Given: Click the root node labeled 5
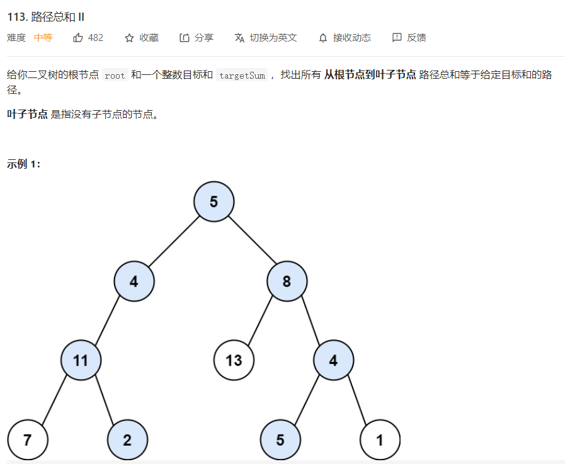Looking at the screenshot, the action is (x=214, y=201).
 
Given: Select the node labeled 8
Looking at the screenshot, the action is (x=287, y=281).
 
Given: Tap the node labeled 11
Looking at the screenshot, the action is (x=81, y=360).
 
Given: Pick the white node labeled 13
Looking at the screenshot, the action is (x=234, y=360).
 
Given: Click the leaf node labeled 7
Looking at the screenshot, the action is (x=28, y=439).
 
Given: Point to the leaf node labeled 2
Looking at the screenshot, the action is (x=127, y=439).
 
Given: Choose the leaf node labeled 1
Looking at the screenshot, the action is (x=380, y=439).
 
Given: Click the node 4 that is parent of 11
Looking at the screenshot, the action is (x=134, y=281).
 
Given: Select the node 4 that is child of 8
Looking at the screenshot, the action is (x=334, y=360).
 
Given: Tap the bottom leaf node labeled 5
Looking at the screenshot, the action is (x=280, y=439).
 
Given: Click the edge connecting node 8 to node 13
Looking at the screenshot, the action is (x=261, y=320).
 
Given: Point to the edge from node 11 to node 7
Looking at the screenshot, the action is (x=54, y=400).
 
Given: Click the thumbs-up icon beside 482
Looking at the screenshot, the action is (x=78, y=38).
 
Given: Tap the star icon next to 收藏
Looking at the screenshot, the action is (x=129, y=38).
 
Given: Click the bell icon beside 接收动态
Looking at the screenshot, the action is (x=323, y=38).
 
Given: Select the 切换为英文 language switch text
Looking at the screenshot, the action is (x=273, y=38).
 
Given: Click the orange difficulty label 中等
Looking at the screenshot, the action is (x=43, y=38).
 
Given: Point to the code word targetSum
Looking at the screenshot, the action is (x=242, y=75).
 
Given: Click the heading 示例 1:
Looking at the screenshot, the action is (x=24, y=164).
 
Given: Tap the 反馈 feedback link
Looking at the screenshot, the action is (x=416, y=38).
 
